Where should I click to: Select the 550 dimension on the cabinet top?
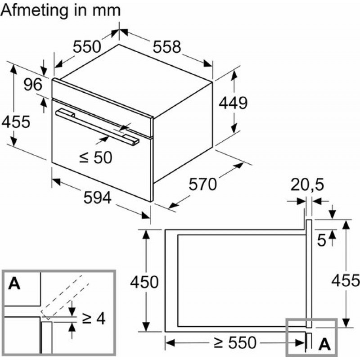click(87, 46)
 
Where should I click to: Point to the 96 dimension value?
click(32, 85)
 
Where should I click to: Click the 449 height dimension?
click(233, 103)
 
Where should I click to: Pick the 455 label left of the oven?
click(16, 121)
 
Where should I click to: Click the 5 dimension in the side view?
click(321, 240)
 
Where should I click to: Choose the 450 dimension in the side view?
click(144, 282)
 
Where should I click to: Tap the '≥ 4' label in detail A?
click(94, 319)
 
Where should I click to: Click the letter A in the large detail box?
click(15, 283)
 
